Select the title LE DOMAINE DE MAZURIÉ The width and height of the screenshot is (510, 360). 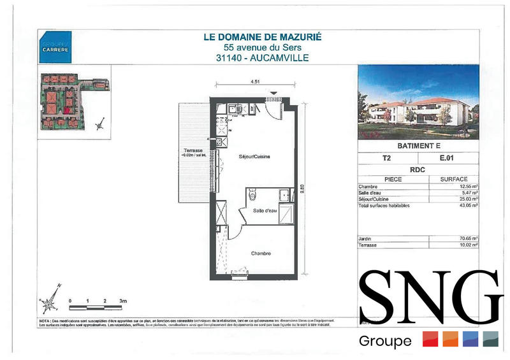coord(263,37)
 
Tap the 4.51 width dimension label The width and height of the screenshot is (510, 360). coord(253,82)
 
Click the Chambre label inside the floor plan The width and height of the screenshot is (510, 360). coord(261,253)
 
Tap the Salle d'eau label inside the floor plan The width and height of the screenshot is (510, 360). coord(264,211)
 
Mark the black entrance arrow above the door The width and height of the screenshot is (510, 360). coord(274,94)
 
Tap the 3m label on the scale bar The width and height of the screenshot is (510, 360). coord(123,299)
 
